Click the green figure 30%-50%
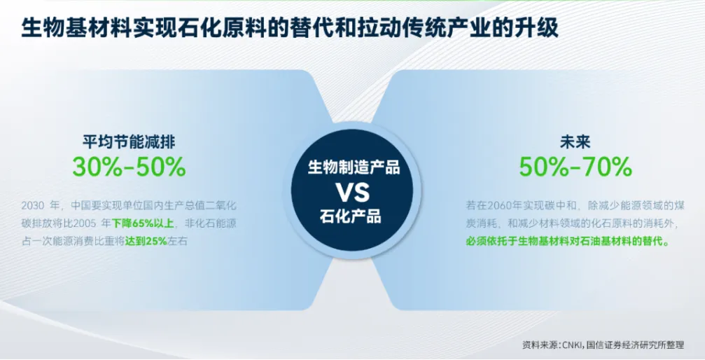coord(129,167)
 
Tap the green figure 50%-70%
coord(575,167)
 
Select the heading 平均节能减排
coord(129,142)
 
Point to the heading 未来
coord(575,142)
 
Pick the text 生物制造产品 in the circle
coord(354,167)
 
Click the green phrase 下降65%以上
coord(142,223)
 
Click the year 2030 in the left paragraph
coord(33,206)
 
